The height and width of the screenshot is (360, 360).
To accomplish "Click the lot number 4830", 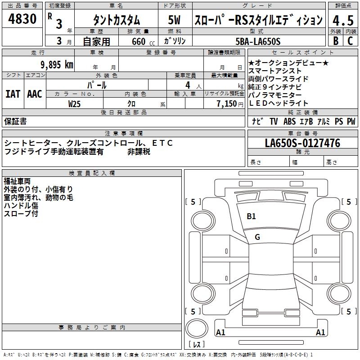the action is pos(22,18).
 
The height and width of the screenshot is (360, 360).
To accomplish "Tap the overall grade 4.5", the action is pos(343,20).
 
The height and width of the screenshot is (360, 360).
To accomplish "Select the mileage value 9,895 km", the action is pos(57,64).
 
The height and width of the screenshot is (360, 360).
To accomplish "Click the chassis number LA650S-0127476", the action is pos(302,143).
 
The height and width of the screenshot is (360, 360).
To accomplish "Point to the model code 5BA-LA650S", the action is pos(258,41).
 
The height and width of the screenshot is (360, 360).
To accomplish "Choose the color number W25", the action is pos(74,104).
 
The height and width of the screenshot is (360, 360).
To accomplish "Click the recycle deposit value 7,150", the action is pos(227,104).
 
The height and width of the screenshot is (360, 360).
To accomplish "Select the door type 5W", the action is pos(174,20).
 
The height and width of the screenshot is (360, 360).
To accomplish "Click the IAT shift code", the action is pos(13,94).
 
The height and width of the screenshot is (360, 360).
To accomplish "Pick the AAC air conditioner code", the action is pos(35,94).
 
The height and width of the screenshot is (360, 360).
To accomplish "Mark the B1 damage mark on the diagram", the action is pos(251,216).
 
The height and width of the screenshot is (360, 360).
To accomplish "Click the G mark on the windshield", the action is pos(257,237).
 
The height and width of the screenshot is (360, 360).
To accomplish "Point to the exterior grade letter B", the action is pos(336,41).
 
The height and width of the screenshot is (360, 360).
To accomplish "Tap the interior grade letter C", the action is pos(350,41).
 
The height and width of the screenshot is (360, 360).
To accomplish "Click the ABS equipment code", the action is pos(289,121).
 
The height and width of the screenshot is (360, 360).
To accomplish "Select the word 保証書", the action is pos(15,121).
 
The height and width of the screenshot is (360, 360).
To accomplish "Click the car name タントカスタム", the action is pos(117,20).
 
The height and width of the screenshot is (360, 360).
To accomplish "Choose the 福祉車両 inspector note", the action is pos(17,181).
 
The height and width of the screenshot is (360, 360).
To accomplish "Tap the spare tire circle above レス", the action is pos(197,328).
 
